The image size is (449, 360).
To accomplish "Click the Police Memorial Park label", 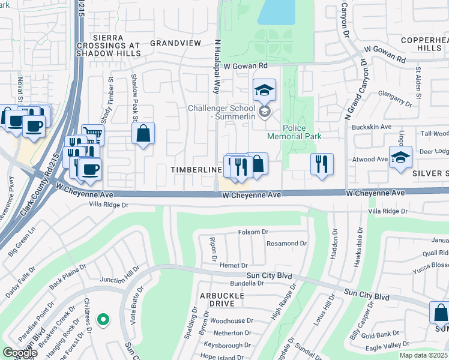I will [x=303, y=132].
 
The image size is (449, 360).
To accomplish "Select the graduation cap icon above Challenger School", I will [x=264, y=91].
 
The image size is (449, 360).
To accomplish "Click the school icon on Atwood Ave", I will [x=400, y=158].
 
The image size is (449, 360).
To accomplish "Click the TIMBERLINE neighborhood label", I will [x=196, y=170].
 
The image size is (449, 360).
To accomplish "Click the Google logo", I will [x=20, y=352].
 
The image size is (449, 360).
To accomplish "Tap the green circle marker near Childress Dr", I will [x=103, y=319].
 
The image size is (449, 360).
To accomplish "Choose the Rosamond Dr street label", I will [x=286, y=244].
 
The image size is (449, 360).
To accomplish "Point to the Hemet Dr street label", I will [x=234, y=265].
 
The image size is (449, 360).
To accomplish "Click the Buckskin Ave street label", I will [x=373, y=127].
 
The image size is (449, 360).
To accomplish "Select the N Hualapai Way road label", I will [x=215, y=67].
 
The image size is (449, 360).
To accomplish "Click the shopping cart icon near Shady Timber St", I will [x=92, y=134].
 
